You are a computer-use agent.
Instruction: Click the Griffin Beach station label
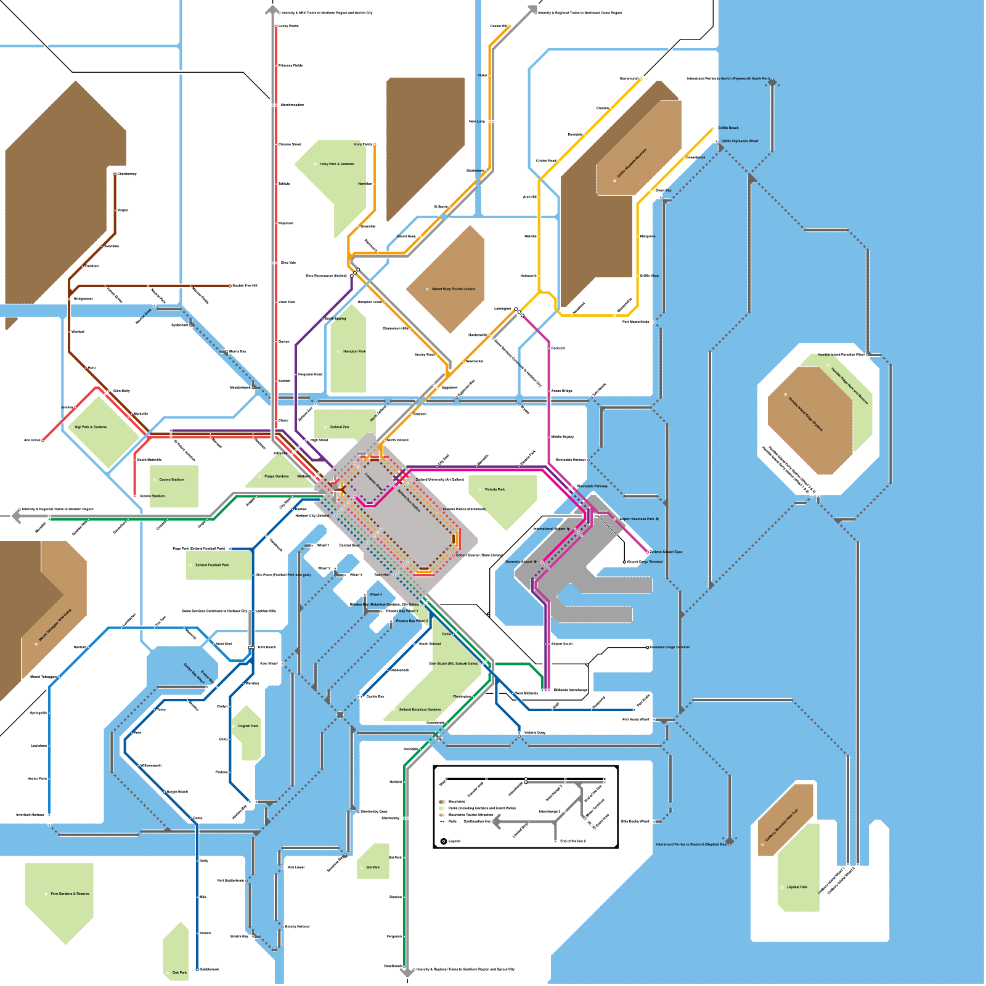click(728, 128)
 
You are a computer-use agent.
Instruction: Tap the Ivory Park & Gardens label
click(337, 165)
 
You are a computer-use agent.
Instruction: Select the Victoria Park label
click(494, 489)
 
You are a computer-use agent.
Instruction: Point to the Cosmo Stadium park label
click(171, 479)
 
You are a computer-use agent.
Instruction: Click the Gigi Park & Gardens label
click(91, 426)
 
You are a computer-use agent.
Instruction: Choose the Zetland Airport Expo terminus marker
click(648, 552)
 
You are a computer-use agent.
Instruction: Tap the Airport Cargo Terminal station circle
click(624, 562)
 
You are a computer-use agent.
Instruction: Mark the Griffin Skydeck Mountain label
click(632, 163)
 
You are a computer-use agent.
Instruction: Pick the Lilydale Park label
click(797, 887)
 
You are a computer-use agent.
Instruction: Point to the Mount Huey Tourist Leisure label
click(454, 289)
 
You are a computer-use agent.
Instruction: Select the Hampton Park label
click(354, 351)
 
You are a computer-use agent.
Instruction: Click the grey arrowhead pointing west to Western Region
click(16, 516)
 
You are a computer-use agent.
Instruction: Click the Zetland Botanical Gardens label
click(420, 709)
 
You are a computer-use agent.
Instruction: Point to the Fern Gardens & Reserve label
click(70, 894)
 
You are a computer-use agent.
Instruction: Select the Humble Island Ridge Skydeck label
click(805, 414)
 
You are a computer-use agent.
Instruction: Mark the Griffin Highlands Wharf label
click(739, 141)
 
